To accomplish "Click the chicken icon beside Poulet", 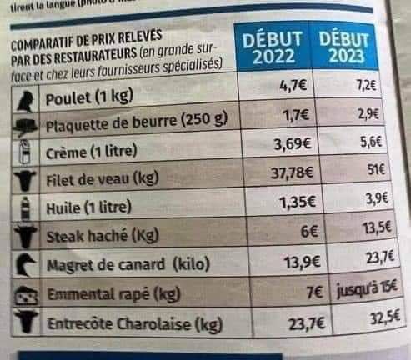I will coord(25,100).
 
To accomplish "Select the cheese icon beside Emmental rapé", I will coord(28,295).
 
